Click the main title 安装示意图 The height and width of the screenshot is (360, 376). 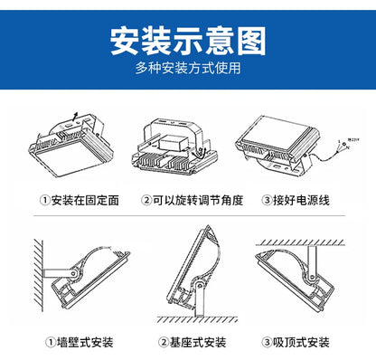pyautogui.click(x=188, y=40)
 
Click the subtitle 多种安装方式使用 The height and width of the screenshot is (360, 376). pyautogui.click(x=188, y=68)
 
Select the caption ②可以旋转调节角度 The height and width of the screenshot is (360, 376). pyautogui.click(x=187, y=200)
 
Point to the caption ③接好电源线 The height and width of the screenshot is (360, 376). pyautogui.click(x=294, y=200)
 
